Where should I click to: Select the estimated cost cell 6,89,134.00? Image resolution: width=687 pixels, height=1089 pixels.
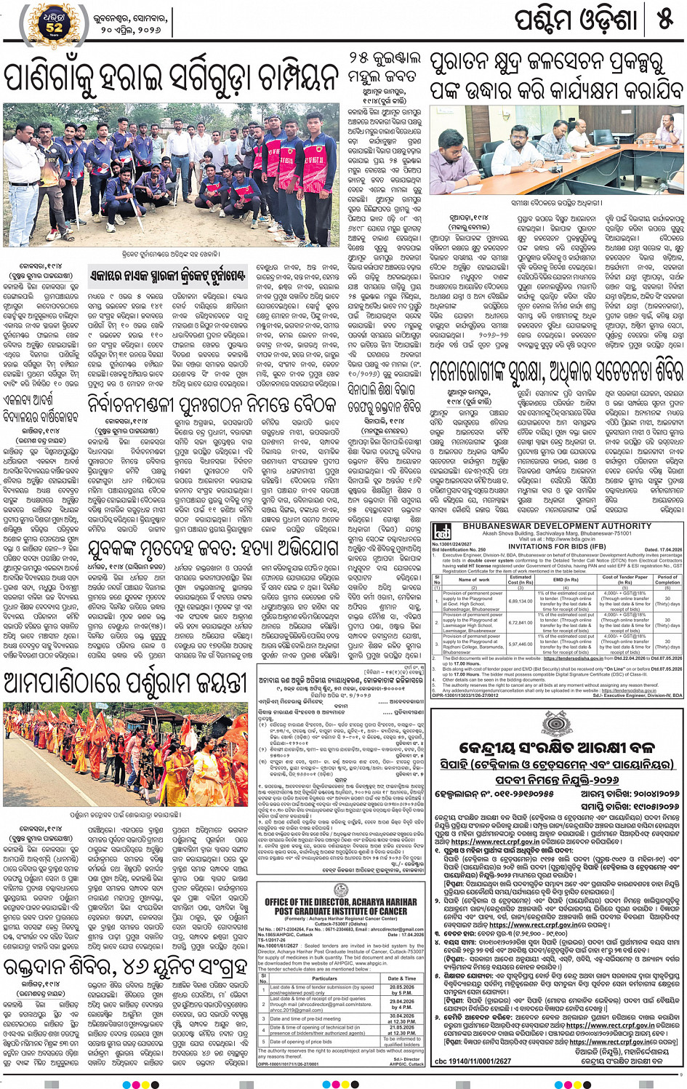tap(521, 602)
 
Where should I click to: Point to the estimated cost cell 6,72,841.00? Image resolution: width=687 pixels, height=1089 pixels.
tap(521, 623)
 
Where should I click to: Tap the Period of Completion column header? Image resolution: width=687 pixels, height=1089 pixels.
tap(667, 579)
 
